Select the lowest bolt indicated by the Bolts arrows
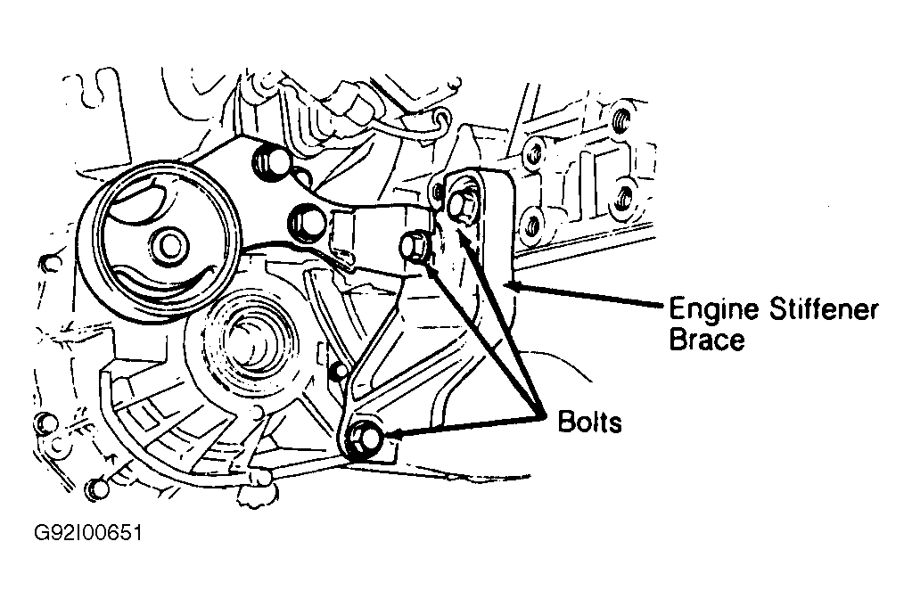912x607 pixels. click(366, 438)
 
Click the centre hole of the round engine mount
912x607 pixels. click(168, 245)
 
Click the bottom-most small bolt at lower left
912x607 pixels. click(96, 488)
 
